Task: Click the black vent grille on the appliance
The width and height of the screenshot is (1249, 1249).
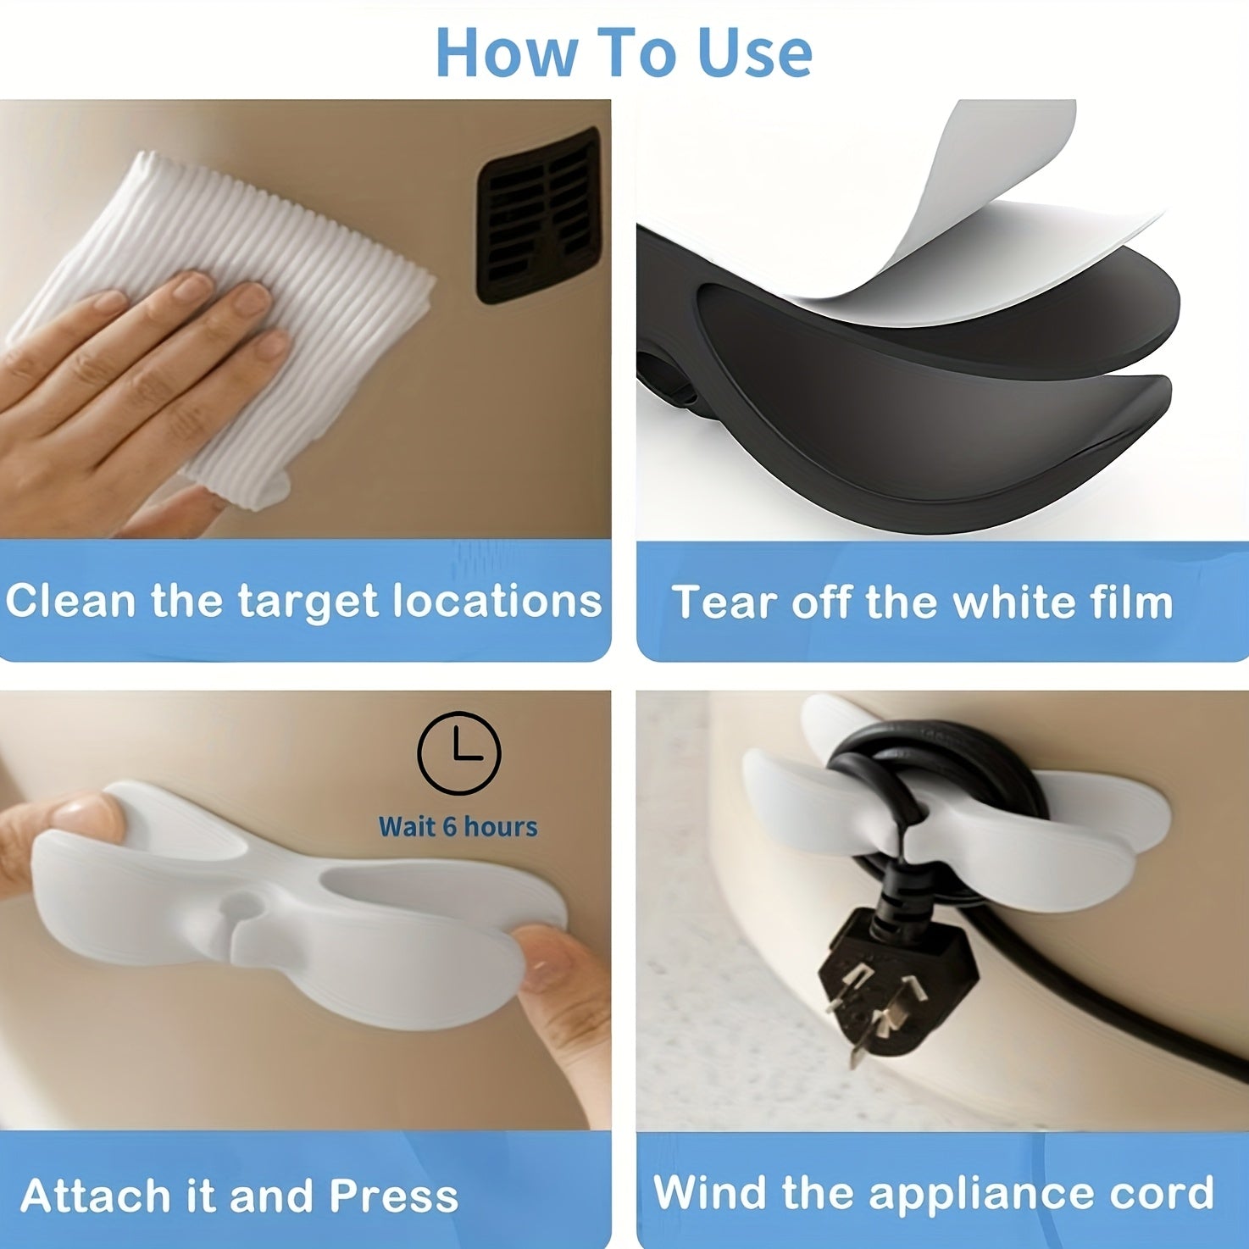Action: coord(539,216)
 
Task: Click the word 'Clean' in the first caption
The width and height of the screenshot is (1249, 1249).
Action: coord(71,601)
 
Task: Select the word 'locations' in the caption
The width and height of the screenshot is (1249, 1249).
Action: coord(497,601)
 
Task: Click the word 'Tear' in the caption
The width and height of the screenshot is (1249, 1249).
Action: coord(722,602)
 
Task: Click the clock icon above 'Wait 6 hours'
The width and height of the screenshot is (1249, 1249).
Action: coord(459,752)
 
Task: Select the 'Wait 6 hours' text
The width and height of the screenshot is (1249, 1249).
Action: coord(458,826)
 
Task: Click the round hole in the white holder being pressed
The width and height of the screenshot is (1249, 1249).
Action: coord(240,907)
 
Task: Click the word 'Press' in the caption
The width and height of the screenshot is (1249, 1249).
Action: coord(393,1196)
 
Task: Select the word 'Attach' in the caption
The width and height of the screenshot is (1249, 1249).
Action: coord(97,1196)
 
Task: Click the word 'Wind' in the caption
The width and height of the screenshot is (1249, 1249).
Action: coord(710,1192)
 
